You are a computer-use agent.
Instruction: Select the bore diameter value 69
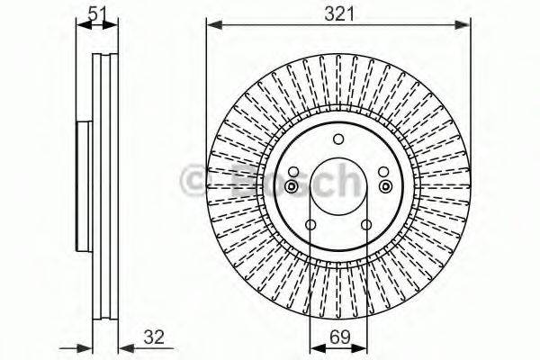pyautogui.click(x=338, y=338)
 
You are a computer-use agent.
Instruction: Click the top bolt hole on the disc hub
pyautogui.click(x=338, y=139)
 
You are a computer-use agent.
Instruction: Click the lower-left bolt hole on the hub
pyautogui.click(x=310, y=225)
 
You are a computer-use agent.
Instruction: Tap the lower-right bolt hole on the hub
pyautogui.click(x=366, y=225)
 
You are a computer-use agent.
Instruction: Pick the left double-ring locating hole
pyautogui.click(x=292, y=185)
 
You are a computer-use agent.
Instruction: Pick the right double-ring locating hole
pyautogui.click(x=385, y=185)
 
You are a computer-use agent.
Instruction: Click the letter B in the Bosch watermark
pyautogui.click(x=245, y=182)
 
